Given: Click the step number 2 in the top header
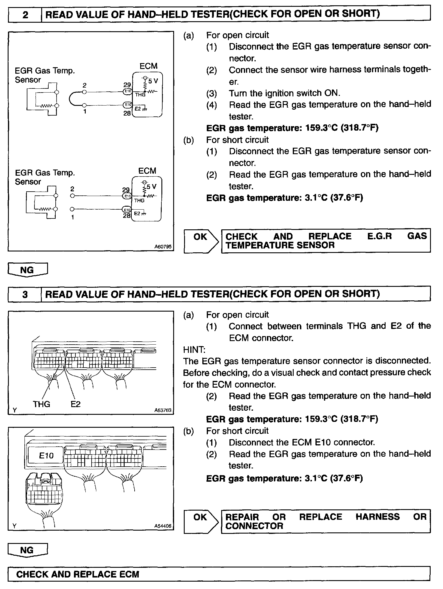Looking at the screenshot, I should [x=25, y=14].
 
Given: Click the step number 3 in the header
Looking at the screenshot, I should [x=25, y=294].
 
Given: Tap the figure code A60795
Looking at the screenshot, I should [x=163, y=247].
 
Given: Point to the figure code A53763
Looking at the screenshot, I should [x=163, y=410].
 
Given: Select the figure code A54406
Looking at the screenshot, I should [x=163, y=526].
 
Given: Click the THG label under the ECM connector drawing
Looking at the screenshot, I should [x=42, y=404].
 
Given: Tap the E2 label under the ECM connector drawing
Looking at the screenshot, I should [x=76, y=404].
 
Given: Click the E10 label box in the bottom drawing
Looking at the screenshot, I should [x=46, y=455].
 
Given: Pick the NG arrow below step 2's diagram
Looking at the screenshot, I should [x=27, y=270].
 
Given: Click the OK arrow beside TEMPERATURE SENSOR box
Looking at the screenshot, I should [x=201, y=241].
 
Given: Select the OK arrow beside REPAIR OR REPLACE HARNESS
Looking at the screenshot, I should [x=201, y=521].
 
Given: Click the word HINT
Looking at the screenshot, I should [x=194, y=350].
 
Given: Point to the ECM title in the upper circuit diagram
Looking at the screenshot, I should [x=148, y=66].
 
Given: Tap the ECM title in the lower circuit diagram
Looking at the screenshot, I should [x=147, y=171].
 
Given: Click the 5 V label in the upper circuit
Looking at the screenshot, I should [x=153, y=81].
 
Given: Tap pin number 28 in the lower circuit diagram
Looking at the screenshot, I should [x=127, y=215].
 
